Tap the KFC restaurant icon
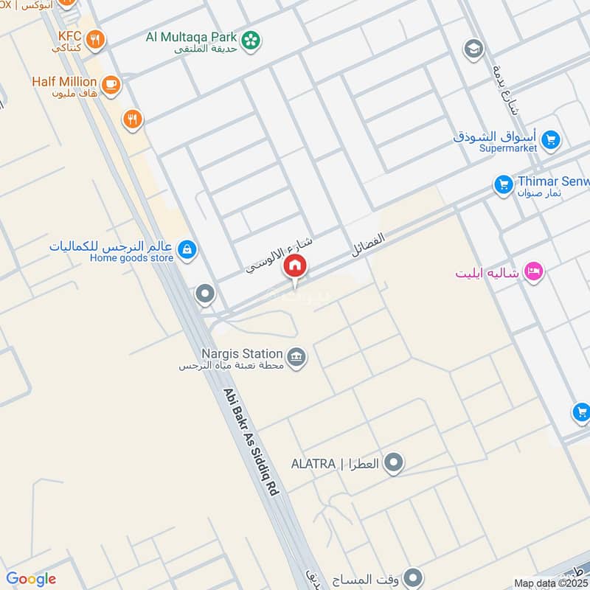click(94, 39)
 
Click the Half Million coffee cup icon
click(111, 86)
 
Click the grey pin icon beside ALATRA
click(395, 463)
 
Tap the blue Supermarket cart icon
click(549, 139)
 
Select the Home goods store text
click(131, 258)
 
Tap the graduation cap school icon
click(473, 49)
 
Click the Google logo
click(31, 579)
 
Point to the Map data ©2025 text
click(549, 583)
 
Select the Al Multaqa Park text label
click(190, 37)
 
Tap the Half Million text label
click(64, 81)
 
